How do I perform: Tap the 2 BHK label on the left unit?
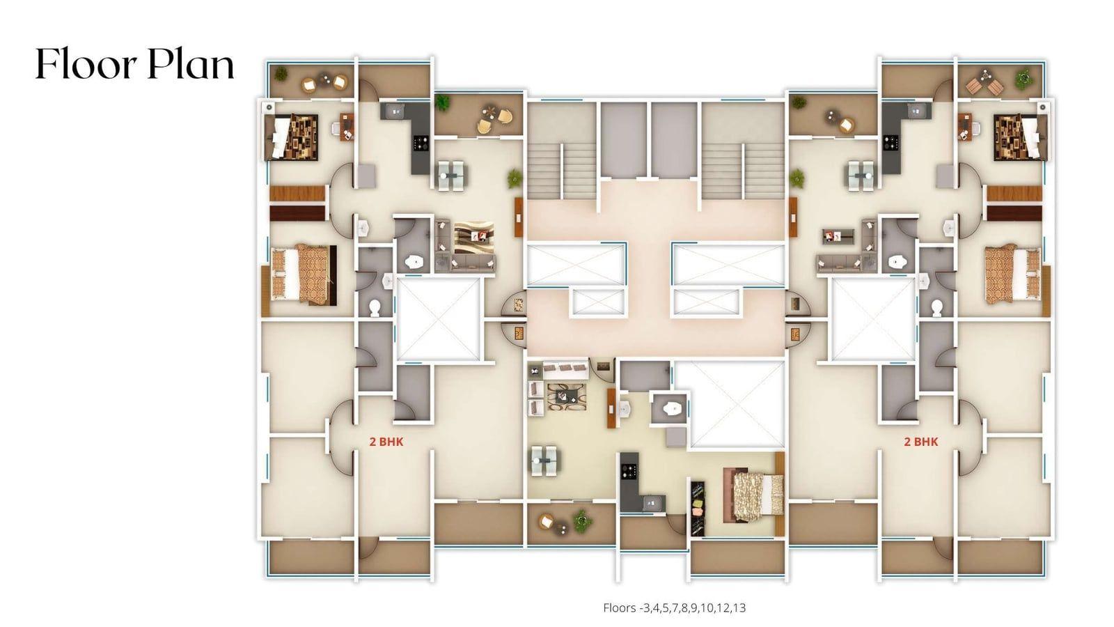click(386, 442)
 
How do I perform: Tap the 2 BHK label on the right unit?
click(921, 442)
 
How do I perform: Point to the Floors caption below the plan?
click(675, 607)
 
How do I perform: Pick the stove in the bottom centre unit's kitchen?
click(629, 470)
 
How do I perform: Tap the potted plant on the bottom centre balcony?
click(581, 520)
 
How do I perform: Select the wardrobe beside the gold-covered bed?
click(698, 508)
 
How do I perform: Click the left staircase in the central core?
click(561, 171)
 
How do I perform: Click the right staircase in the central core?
click(743, 171)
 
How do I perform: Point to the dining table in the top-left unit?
click(451, 175)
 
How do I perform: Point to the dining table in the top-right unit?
click(861, 175)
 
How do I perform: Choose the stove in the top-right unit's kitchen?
click(891, 143)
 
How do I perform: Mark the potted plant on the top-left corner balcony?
click(281, 74)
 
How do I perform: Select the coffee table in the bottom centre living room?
click(563, 396)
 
